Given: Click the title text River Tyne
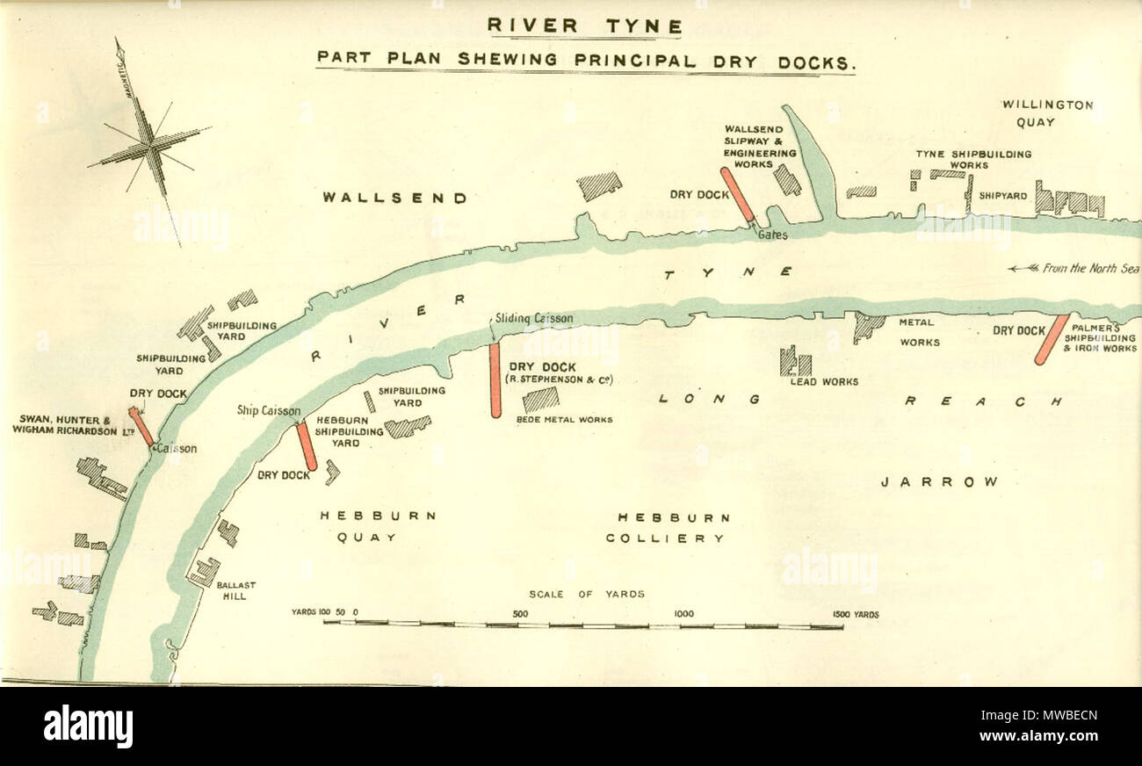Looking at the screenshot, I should (x=585, y=25).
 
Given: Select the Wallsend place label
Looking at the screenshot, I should (x=394, y=199).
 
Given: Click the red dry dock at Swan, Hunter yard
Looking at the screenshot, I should (x=141, y=427).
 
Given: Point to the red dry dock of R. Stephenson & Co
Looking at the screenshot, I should (x=495, y=379).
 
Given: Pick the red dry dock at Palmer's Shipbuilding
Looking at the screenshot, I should (x=1052, y=339).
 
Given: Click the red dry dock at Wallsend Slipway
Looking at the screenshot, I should (x=737, y=195).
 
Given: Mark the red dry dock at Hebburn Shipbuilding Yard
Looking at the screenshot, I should (x=306, y=447).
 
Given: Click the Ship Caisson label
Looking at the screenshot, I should (x=269, y=410).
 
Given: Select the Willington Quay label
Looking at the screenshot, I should (x=1048, y=113).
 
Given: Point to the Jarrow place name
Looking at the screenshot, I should (x=940, y=482).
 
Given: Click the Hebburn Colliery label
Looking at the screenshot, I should (x=673, y=528).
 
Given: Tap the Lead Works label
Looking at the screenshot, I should (x=823, y=381).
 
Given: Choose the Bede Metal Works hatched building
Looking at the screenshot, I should (x=540, y=400).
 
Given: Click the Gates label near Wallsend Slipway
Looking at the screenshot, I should (x=774, y=235).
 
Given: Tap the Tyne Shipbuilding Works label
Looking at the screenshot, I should (x=973, y=159).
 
